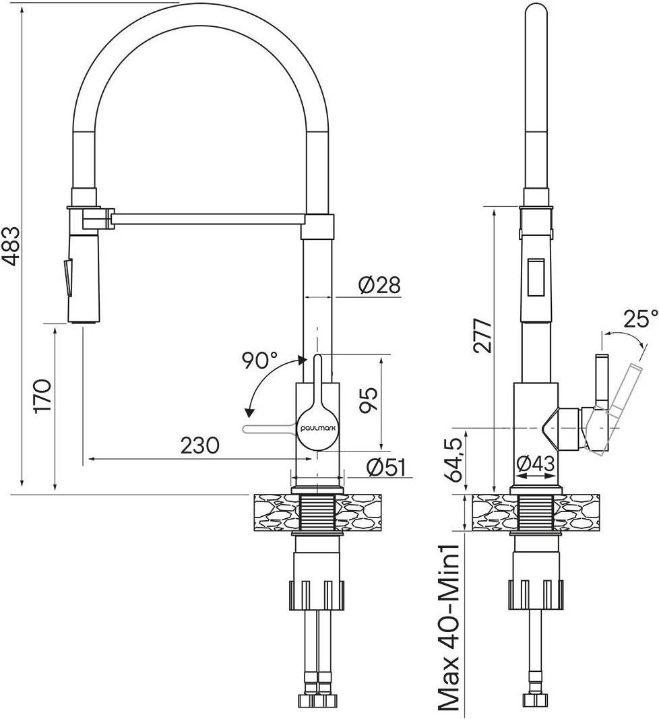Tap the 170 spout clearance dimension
click(42, 396)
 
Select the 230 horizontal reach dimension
click(199, 445)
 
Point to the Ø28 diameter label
click(379, 286)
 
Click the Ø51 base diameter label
click(387, 467)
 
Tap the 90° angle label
click(260, 361)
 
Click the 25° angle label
click(639, 318)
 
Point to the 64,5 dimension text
click(455, 459)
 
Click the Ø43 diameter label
click(535, 464)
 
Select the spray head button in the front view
click(67, 276)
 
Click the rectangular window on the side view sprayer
click(537, 276)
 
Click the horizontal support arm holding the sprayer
click(206, 218)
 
